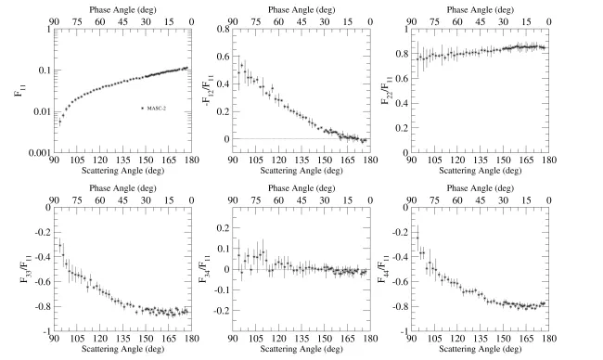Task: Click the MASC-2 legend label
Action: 160,109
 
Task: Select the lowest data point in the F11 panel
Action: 60,121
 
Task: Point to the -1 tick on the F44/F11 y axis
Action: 412,331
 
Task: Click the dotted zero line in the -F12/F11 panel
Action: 278,139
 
